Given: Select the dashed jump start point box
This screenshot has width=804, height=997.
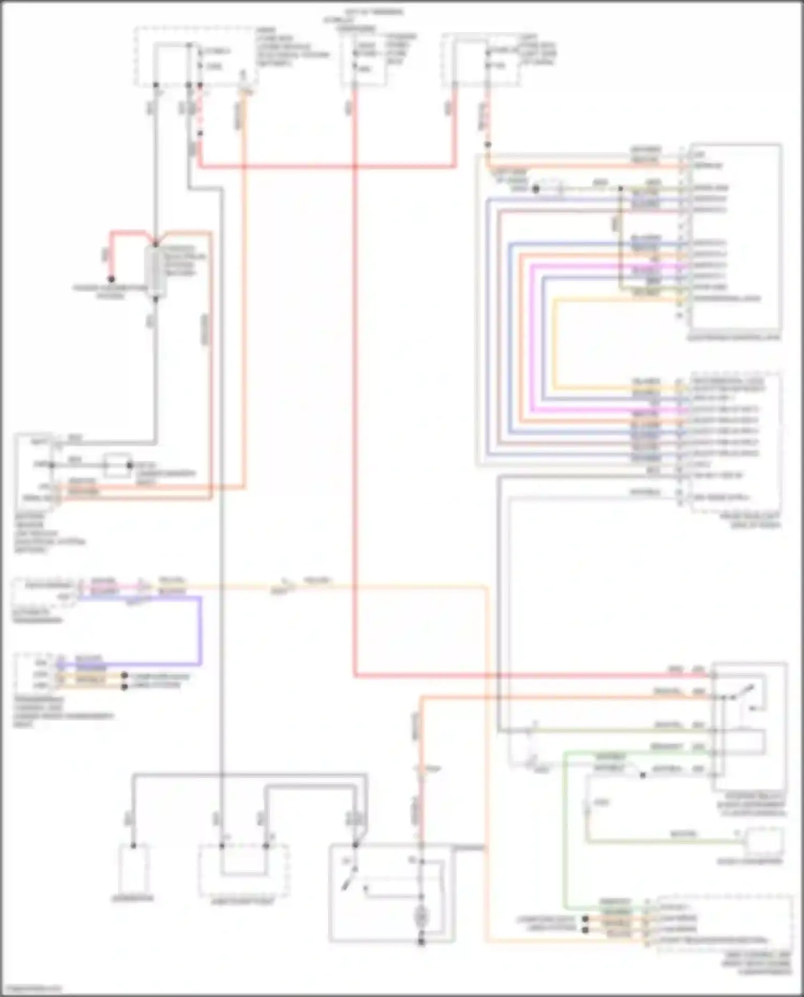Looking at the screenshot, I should tap(244, 871).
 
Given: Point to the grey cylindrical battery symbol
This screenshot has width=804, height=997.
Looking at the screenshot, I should tap(156, 271).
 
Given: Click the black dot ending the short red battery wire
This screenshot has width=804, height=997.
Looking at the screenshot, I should tap(111, 279).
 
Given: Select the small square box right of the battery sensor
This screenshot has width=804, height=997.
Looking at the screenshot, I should tap(117, 466).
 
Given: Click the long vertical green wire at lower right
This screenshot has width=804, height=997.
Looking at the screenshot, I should tap(564, 830).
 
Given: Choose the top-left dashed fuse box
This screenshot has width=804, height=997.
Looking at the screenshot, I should tap(195, 56).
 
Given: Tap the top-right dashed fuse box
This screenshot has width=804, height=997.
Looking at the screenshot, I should tap(481, 59).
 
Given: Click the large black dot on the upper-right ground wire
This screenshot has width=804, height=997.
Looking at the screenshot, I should tap(535, 189).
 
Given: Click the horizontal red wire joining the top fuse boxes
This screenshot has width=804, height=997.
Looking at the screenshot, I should tap(327, 167).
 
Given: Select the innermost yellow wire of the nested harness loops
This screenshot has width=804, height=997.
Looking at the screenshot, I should tap(555, 343).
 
